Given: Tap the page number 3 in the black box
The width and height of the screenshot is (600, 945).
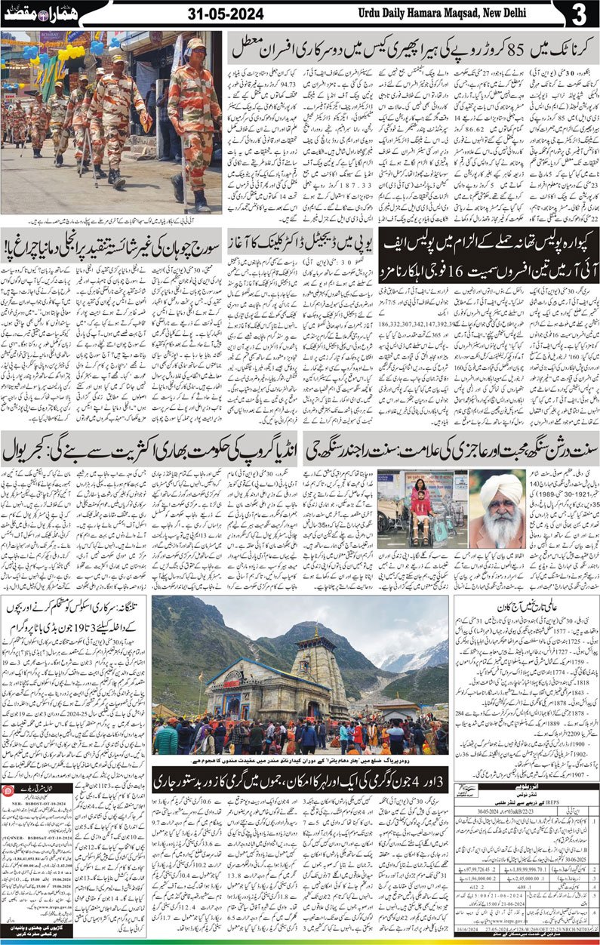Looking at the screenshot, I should point(579,15).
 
